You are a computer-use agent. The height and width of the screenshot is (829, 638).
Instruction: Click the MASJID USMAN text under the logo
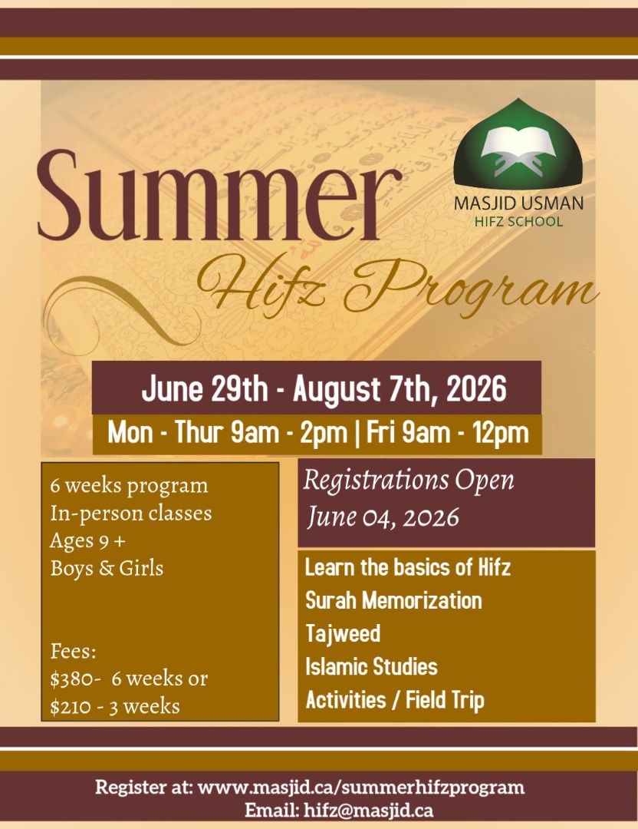(x=518, y=203)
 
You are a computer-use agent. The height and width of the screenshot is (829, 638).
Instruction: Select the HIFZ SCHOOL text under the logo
(x=518, y=221)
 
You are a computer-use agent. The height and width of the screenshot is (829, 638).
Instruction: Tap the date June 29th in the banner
(x=205, y=389)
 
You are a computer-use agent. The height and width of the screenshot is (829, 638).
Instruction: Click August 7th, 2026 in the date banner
(x=400, y=389)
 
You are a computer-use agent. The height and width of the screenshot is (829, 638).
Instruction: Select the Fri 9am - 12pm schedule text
(x=447, y=433)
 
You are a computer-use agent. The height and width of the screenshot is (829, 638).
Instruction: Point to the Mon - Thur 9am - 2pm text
(x=228, y=433)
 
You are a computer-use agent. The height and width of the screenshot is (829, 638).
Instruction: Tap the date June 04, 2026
(x=383, y=517)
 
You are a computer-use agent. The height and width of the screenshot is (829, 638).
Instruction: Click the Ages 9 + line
(x=87, y=541)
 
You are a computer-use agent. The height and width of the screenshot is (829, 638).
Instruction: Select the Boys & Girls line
(x=107, y=568)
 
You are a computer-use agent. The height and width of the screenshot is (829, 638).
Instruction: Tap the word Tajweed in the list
(x=343, y=633)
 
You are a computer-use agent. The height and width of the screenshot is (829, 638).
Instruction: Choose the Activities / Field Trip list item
(x=394, y=700)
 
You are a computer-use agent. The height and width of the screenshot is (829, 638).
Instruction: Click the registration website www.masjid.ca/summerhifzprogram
(x=361, y=788)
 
